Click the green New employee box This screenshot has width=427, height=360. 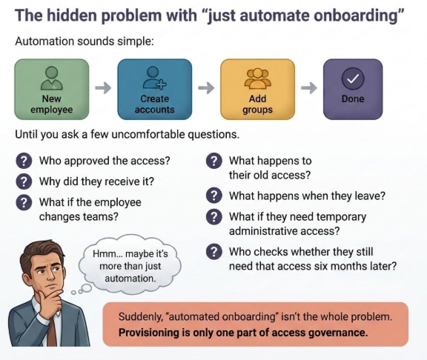point(52,89)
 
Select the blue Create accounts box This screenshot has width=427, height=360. point(155,89)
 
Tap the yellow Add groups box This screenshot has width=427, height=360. point(258,89)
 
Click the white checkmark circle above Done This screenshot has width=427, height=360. point(353,79)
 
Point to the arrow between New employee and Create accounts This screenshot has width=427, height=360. point(103,88)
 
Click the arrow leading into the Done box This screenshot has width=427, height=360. point(309,88)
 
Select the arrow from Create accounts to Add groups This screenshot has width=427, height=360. point(206,88)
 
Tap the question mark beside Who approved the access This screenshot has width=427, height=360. point(24,161)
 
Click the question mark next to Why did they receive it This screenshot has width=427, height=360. point(24,181)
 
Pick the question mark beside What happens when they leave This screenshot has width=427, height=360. point(213,196)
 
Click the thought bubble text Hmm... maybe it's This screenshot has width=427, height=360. point(130,254)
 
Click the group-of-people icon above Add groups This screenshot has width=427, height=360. point(258,79)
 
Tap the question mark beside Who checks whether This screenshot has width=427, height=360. point(213,252)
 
